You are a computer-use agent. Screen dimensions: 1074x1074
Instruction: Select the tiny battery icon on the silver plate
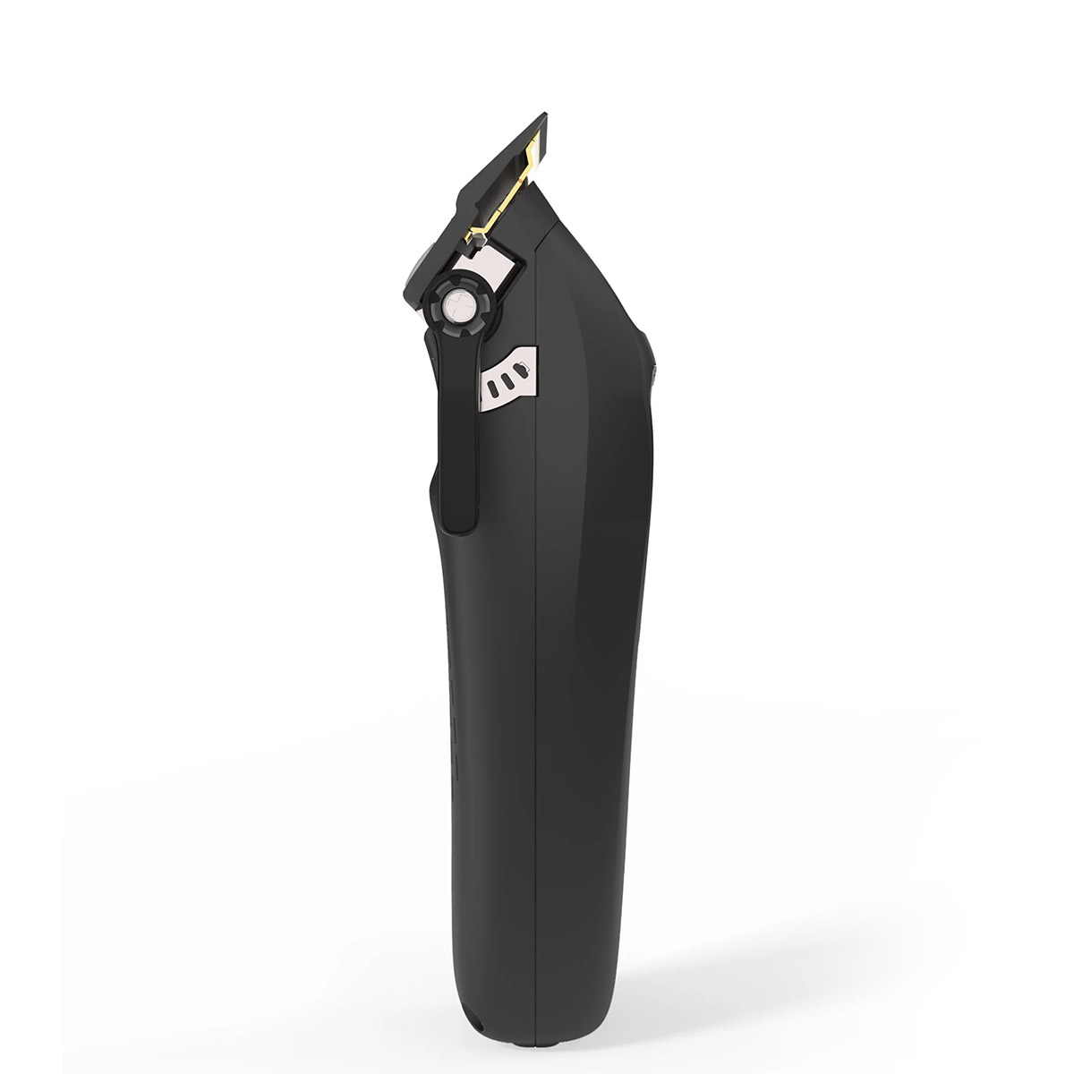524,365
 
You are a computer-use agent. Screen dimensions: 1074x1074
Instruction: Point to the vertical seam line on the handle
536,716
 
